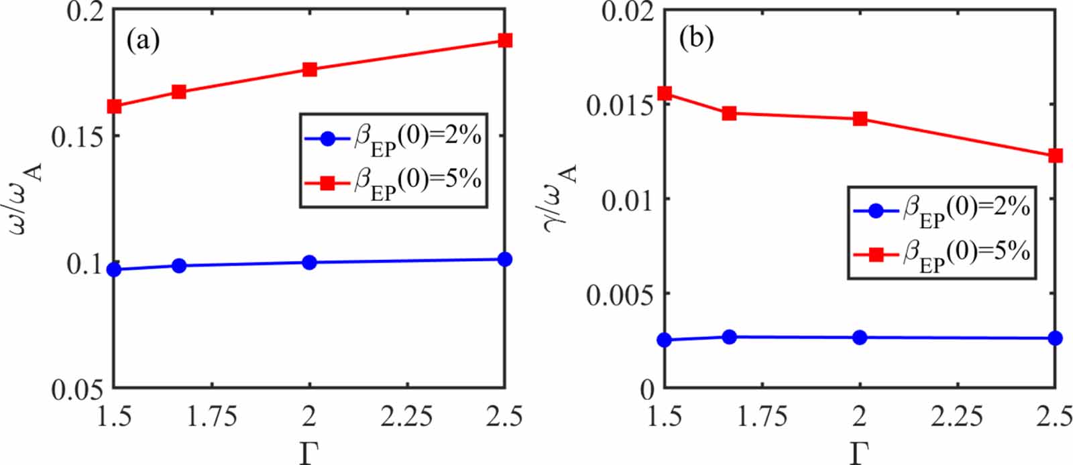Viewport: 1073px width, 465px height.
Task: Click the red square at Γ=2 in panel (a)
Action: point(309,69)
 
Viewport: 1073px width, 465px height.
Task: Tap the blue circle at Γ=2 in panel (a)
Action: point(309,262)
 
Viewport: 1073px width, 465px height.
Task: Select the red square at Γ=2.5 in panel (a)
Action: point(505,40)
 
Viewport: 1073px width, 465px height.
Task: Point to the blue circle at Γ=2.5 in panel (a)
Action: point(505,259)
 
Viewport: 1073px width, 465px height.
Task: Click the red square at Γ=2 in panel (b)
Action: point(860,119)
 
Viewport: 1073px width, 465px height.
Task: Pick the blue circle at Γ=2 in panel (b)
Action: point(860,338)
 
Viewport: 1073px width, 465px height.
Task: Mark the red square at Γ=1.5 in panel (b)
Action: point(665,93)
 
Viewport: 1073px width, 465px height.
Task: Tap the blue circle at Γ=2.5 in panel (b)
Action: point(1055,338)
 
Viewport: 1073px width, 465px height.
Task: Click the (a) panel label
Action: point(143,41)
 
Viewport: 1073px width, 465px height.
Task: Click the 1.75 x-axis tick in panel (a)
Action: point(212,417)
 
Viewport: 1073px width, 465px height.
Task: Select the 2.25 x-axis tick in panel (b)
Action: point(957,417)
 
